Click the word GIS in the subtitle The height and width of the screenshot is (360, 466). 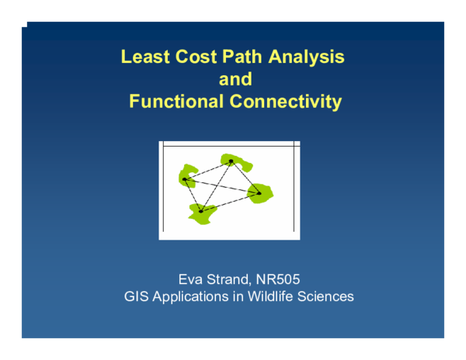pos(137,296)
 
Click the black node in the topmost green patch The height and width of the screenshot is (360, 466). pos(231,161)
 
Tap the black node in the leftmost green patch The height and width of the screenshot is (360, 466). pos(185,179)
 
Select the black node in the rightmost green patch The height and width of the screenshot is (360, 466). pos(259,192)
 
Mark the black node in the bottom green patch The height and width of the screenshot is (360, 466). pos(200,211)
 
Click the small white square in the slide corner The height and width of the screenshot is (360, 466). pos(24,24)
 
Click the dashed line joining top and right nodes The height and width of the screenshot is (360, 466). pos(245,177)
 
